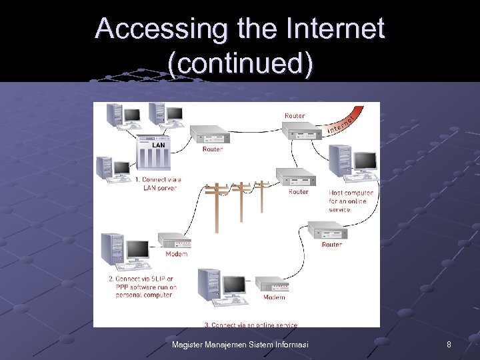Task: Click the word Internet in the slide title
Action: pyautogui.click(x=336, y=29)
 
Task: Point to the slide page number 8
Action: pyautogui.click(x=449, y=345)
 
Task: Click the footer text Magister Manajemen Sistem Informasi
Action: pyautogui.click(x=239, y=345)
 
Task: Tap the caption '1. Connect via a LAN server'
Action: pyautogui.click(x=159, y=184)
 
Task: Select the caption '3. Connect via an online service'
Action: pyautogui.click(x=251, y=325)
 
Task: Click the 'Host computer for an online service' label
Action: pyautogui.click(x=351, y=201)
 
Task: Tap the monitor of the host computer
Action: pyautogui.click(x=365, y=162)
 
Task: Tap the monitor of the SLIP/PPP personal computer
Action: pyautogui.click(x=138, y=251)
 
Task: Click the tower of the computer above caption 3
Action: pyautogui.click(x=209, y=286)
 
